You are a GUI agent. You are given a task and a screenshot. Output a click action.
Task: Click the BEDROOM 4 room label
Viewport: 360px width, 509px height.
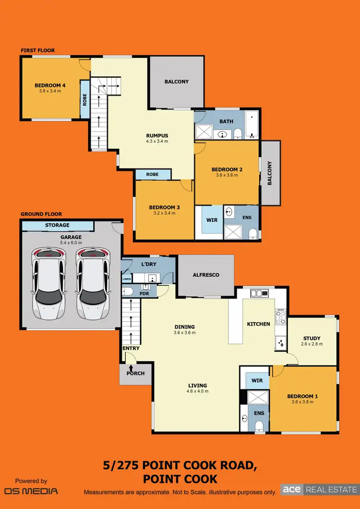click(50, 85)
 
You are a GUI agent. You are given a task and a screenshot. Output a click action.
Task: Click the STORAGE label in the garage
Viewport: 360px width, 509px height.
click(58, 225)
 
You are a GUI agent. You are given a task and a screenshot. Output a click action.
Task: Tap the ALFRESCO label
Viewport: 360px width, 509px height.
click(205, 275)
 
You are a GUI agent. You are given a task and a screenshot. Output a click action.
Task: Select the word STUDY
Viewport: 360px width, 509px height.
click(312, 339)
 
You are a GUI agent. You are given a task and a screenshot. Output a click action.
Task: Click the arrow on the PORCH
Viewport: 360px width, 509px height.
click(131, 367)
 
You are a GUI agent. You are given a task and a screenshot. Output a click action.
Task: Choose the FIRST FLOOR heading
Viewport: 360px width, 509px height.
click(37, 50)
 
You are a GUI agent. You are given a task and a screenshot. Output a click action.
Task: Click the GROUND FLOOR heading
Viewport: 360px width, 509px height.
click(41, 214)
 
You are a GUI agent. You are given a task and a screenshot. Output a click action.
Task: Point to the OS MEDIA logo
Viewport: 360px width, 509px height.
click(31, 491)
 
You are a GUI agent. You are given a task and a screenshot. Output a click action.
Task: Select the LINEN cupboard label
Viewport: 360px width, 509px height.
click(126, 279)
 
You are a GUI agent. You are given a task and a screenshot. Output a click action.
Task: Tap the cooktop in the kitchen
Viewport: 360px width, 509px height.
click(280, 317)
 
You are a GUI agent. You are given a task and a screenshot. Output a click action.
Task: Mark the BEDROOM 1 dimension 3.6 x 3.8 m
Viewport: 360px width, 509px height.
click(300, 402)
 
